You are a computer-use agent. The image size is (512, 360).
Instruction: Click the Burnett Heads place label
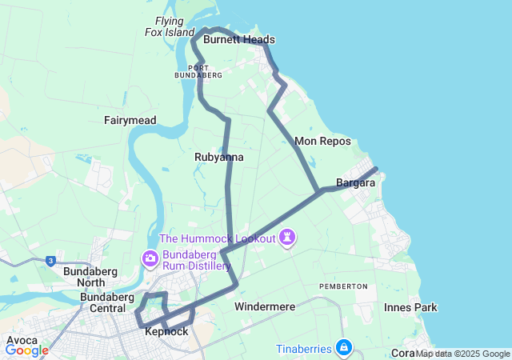238,39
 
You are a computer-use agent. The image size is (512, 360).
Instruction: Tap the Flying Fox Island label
170,26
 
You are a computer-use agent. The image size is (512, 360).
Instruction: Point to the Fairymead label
130,120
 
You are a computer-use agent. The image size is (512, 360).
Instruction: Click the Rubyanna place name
218,158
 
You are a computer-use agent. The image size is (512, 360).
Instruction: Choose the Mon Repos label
318,141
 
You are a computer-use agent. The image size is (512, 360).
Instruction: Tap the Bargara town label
356,183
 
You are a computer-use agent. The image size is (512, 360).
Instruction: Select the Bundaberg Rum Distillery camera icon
150,258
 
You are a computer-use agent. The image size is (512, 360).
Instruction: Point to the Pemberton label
343,286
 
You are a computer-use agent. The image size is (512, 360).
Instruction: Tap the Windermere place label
265,306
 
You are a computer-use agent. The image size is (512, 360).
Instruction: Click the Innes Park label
410,307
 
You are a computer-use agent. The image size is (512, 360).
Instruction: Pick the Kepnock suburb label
167,331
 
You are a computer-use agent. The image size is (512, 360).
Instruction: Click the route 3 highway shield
51,261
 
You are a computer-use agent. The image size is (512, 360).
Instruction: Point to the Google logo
26,350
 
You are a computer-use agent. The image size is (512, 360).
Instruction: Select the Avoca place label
22,339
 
